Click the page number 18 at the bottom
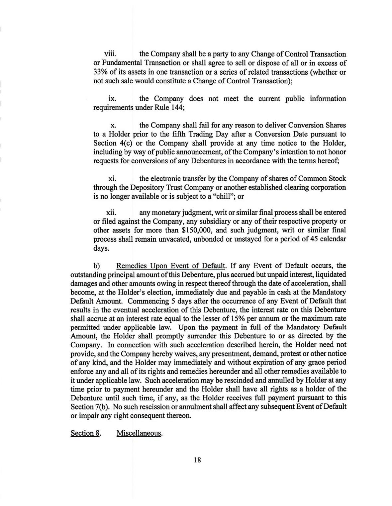click(197, 460)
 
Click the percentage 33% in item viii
click(100, 72)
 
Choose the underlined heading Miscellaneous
click(139, 433)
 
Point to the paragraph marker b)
click(97, 266)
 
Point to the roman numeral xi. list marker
click(112, 179)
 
